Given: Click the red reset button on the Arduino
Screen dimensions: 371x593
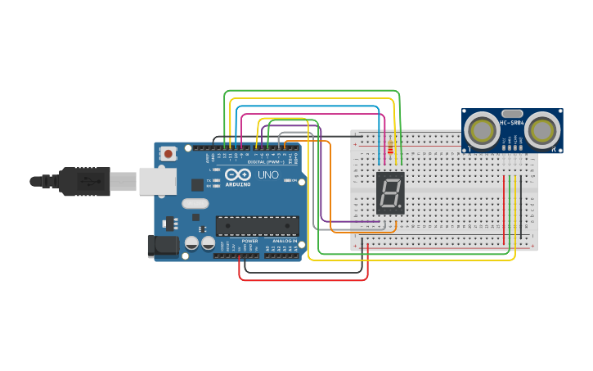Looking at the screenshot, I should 168,153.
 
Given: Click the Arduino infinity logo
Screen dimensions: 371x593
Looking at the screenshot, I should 237,175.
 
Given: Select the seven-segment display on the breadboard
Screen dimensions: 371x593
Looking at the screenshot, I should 390,193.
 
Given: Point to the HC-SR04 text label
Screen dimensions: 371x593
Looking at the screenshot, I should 512,123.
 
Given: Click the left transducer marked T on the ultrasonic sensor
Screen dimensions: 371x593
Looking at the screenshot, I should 483,130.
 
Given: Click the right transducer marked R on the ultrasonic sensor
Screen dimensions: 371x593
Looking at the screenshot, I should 542,129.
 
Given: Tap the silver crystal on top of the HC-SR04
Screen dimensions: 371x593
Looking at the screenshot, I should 512,113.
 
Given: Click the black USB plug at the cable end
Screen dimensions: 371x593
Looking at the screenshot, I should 82,181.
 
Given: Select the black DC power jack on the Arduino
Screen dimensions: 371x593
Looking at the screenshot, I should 163,246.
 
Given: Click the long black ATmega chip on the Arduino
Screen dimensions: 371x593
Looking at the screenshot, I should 257,226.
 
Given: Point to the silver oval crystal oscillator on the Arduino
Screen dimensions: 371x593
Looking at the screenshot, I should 195,203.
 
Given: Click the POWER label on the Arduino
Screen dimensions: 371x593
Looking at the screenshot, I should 249,241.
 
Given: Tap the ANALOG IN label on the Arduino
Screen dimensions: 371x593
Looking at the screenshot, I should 285,241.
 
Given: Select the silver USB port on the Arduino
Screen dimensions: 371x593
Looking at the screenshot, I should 157,182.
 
